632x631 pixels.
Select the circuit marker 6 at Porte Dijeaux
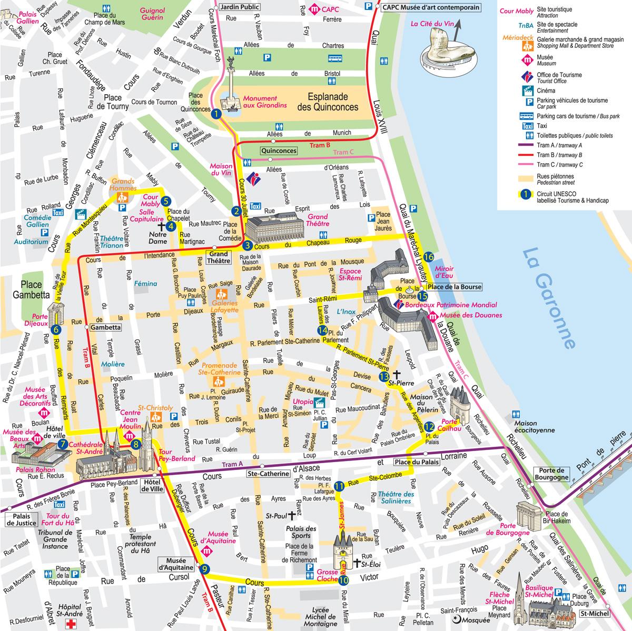point(56,330)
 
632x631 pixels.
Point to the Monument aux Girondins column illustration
point(230,87)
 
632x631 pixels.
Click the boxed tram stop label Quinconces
point(279,151)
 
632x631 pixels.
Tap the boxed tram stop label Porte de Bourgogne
point(551,474)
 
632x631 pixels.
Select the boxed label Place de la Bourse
point(453,287)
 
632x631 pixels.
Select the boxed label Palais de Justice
point(22,519)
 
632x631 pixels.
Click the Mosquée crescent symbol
point(455,620)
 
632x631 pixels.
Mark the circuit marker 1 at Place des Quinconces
point(215,113)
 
